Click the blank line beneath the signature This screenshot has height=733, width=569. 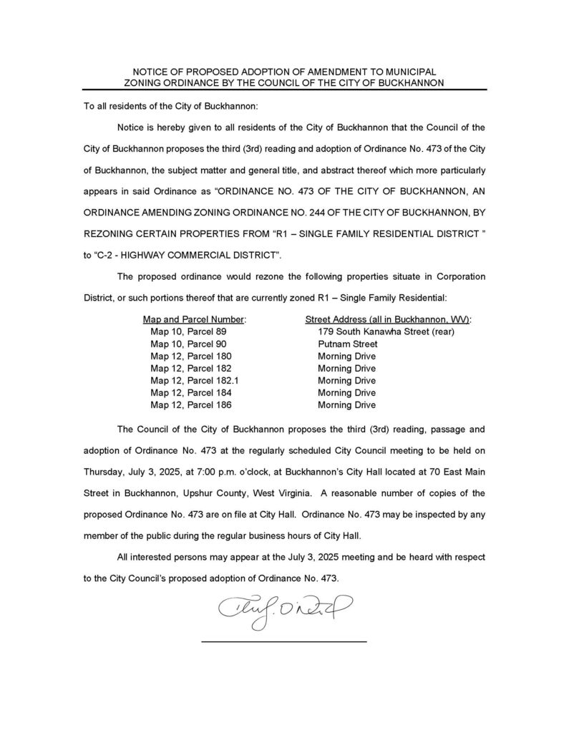(x=283, y=641)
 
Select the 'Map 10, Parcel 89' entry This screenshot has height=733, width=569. (x=188, y=331)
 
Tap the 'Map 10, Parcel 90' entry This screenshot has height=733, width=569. (x=188, y=344)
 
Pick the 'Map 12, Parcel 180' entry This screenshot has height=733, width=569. (x=191, y=356)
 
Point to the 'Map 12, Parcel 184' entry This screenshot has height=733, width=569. (x=191, y=393)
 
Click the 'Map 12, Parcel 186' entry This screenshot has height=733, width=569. (x=191, y=405)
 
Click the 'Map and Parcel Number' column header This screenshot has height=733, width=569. (x=195, y=319)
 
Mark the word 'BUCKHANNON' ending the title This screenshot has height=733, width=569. (x=410, y=83)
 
